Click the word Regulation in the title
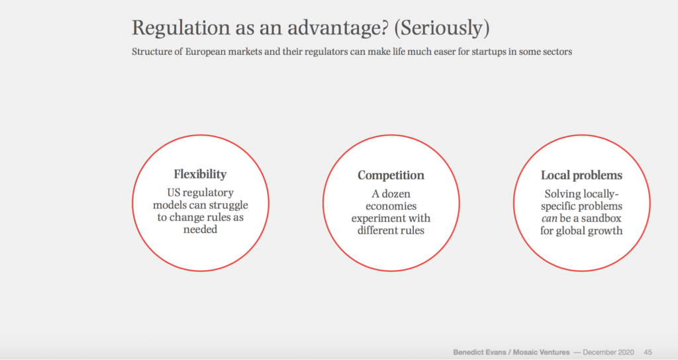(180, 28)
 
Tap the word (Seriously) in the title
(442, 28)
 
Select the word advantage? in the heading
(338, 28)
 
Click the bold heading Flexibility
(200, 174)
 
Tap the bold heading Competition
(391, 175)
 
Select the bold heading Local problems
(581, 175)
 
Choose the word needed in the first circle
(200, 229)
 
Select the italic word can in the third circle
(549, 218)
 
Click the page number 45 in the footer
(648, 352)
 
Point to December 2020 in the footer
(608, 352)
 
